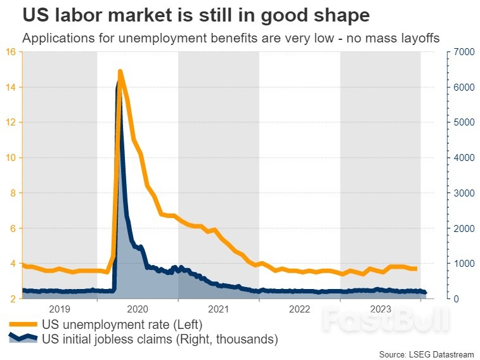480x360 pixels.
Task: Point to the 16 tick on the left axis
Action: [13, 51]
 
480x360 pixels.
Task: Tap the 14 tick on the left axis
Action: [13, 87]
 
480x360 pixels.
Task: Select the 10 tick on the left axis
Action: [13, 157]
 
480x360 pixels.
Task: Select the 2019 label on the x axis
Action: [59, 309]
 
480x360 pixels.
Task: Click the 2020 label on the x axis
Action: [137, 309]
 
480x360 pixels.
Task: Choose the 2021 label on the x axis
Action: [218, 309]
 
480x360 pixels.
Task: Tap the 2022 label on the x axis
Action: [299, 309]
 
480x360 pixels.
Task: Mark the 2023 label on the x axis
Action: [380, 309]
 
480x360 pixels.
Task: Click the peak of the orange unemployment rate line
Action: [120, 72]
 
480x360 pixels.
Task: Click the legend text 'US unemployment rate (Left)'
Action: [122, 325]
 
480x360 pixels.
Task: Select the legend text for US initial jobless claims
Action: [160, 339]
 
